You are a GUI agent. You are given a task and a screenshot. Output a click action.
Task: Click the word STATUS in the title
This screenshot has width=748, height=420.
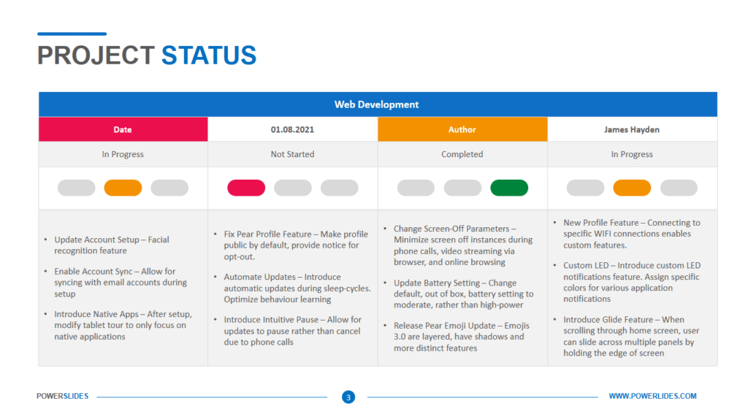click(x=209, y=56)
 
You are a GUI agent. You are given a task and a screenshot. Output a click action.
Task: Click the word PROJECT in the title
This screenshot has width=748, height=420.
click(x=96, y=56)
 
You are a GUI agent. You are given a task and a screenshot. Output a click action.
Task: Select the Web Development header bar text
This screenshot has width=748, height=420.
click(x=377, y=104)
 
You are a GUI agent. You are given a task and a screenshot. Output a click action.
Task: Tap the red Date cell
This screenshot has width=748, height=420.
click(x=123, y=129)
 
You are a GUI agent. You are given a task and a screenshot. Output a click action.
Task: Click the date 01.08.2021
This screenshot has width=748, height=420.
click(x=292, y=129)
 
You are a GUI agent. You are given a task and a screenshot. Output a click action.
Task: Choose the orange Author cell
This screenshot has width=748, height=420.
click(x=462, y=129)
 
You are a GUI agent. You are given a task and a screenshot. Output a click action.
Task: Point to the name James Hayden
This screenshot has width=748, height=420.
click(x=631, y=129)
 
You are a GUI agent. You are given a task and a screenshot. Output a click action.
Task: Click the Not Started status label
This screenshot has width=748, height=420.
click(x=292, y=154)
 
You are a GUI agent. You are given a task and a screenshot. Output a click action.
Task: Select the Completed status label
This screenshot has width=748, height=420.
click(x=462, y=154)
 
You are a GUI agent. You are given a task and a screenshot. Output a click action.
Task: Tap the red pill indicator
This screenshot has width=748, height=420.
click(x=246, y=188)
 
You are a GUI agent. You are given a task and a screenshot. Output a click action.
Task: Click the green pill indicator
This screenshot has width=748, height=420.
click(x=509, y=188)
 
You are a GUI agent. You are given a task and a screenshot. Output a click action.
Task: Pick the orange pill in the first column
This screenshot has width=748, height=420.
click(x=123, y=188)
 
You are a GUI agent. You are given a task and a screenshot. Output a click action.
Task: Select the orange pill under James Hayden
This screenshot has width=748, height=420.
click(x=632, y=188)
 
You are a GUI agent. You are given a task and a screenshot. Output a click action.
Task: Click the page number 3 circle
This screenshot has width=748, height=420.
click(x=348, y=397)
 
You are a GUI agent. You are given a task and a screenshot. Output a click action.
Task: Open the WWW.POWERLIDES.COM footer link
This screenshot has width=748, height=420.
click(x=652, y=396)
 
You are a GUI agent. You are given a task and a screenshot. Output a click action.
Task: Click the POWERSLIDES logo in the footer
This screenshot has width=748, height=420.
click(x=62, y=396)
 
